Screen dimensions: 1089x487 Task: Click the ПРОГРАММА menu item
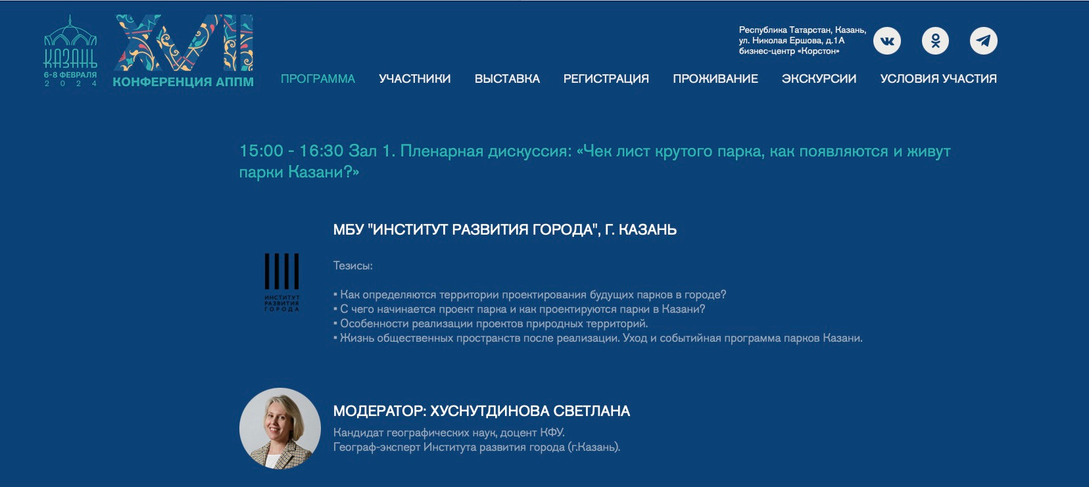(x=318, y=79)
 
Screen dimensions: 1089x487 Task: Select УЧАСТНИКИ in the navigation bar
(x=415, y=79)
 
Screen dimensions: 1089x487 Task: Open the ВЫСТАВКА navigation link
(x=507, y=79)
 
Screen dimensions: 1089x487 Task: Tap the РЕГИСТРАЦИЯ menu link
(x=606, y=79)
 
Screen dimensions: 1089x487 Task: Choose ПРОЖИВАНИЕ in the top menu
(x=715, y=79)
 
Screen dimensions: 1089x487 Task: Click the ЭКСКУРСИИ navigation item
(x=819, y=79)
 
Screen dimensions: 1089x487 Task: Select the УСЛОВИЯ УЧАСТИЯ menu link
(x=938, y=79)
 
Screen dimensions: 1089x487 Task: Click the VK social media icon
(x=887, y=41)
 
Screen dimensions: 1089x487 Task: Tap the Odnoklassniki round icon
(x=935, y=41)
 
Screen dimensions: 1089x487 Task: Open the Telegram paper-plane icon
(x=984, y=41)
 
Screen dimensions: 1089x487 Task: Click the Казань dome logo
(x=70, y=51)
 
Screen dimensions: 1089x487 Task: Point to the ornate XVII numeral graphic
(x=183, y=43)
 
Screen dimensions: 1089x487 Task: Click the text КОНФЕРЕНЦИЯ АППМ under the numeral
(x=183, y=81)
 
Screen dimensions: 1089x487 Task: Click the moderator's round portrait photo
(x=280, y=429)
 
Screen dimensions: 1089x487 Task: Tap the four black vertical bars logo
(x=281, y=271)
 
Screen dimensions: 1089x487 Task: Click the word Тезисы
(x=353, y=266)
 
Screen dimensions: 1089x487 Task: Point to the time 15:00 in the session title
(x=261, y=151)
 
